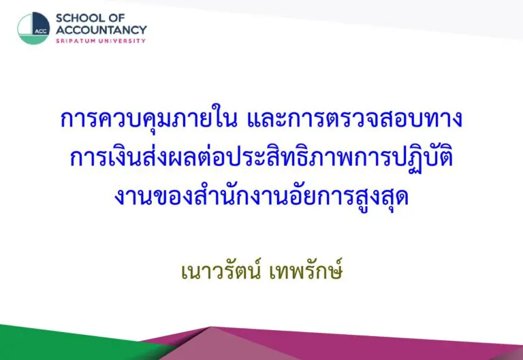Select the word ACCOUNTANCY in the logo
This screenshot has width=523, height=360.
(101, 30)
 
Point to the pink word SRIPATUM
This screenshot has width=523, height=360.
(73, 41)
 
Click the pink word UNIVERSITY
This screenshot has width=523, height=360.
(120, 41)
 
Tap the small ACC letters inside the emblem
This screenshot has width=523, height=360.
(41, 32)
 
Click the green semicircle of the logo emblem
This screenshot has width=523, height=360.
(33, 39)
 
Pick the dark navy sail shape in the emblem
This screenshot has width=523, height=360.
(41, 23)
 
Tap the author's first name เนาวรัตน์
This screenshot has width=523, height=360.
(221, 271)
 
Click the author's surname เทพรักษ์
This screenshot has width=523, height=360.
(306, 271)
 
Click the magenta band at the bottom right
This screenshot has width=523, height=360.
(383, 344)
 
